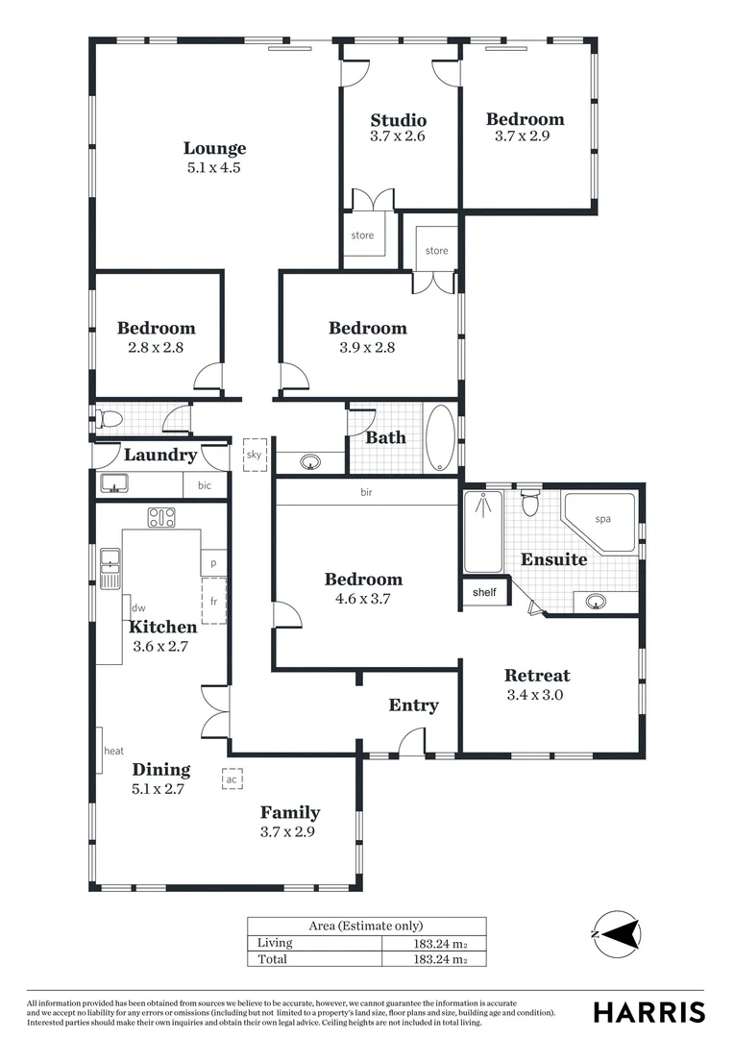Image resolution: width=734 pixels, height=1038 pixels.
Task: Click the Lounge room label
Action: pos(214,148)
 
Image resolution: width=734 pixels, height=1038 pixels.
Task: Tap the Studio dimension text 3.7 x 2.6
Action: pos(398,137)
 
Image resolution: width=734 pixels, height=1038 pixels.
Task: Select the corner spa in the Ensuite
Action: pos(600,522)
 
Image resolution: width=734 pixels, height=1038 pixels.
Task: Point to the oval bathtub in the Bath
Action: pos(441,438)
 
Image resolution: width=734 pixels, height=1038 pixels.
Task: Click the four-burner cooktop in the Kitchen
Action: pos(160,517)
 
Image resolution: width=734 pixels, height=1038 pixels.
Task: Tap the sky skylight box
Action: pos(254,456)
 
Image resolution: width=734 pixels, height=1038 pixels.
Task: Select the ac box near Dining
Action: pos(232,780)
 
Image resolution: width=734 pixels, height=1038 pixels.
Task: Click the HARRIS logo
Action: pos(648,1012)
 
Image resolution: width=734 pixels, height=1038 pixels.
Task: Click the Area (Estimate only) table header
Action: pos(365,926)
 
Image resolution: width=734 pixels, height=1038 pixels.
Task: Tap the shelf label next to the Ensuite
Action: pos(484,592)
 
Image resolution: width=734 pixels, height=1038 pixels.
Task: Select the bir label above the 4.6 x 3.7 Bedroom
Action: pos(366,492)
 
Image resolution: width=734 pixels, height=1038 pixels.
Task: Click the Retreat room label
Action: pos(537,676)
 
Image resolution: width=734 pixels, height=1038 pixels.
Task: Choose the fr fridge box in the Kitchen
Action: pos(213,602)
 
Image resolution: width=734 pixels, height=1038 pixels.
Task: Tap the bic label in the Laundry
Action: pos(205,486)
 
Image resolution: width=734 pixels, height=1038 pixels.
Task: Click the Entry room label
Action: pos(413,705)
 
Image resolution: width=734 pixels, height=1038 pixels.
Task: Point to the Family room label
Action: pos(290,812)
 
